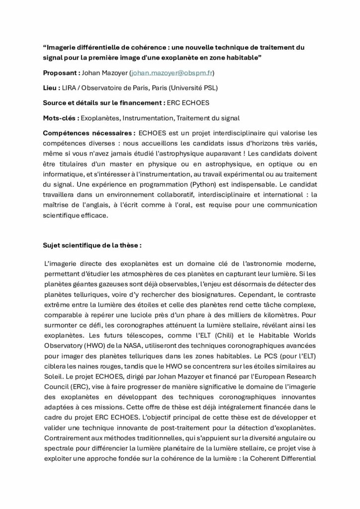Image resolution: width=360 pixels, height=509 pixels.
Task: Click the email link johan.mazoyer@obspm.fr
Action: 172,73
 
